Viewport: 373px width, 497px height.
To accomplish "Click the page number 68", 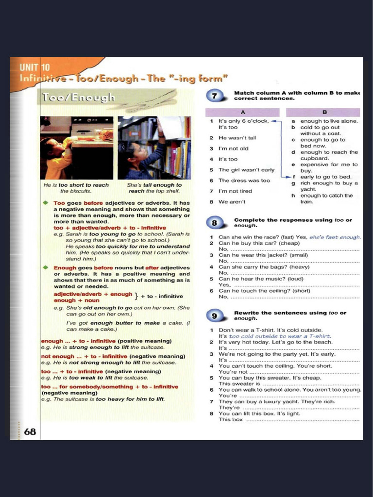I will [30, 431].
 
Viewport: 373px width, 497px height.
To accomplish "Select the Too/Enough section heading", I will [78, 97].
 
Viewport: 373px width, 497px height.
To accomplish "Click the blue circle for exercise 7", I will [216, 96].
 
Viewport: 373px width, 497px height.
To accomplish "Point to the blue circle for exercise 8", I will [216, 223].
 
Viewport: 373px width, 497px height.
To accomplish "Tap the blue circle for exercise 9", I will [216, 316].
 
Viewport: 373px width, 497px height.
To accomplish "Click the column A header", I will [242, 112].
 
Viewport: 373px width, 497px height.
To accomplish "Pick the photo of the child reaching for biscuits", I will [76, 148].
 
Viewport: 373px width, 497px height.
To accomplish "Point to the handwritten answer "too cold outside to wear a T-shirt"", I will [280, 336].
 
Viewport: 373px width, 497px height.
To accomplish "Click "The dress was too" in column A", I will [244, 181].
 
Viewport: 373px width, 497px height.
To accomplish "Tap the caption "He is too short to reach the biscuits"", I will [76, 188].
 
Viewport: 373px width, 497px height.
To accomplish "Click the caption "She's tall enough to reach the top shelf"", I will [154, 188].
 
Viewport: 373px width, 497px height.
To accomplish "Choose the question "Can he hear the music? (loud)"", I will [261, 279].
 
